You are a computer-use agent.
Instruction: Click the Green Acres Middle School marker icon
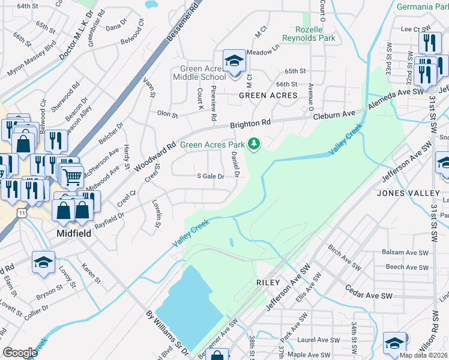(x=234, y=61)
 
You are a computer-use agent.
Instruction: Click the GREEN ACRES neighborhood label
(x=268, y=95)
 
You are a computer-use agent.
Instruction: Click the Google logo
(x=20, y=353)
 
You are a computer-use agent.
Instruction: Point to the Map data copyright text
(x=423, y=355)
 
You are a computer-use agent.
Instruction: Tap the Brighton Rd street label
(x=252, y=124)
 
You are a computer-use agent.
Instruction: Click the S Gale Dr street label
(x=210, y=176)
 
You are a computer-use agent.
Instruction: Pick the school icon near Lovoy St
(x=43, y=264)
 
